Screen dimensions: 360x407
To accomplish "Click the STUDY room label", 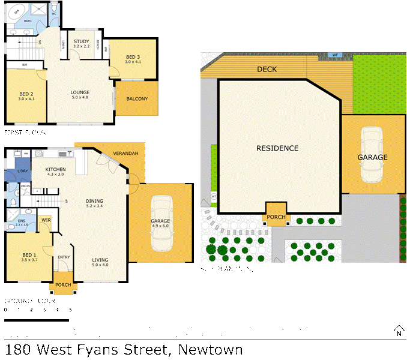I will pyautogui.click(x=81, y=41).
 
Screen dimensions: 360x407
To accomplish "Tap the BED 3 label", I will pyautogui.click(x=132, y=57).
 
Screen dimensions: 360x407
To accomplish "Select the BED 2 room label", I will pyautogui.click(x=26, y=94).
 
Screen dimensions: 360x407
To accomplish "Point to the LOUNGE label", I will pyautogui.click(x=80, y=92).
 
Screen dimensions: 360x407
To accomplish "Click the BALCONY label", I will pyautogui.click(x=137, y=100).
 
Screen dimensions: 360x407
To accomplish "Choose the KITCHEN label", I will pyautogui.click(x=55, y=170).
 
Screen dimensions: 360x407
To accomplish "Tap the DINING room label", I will pyautogui.click(x=94, y=201).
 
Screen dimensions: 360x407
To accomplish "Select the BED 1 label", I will pyautogui.click(x=29, y=255).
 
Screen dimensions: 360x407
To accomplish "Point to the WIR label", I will pyautogui.click(x=46, y=220).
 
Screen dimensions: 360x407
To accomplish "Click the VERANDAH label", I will pyautogui.click(x=125, y=154).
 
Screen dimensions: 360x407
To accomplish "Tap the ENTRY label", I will pyautogui.click(x=64, y=257).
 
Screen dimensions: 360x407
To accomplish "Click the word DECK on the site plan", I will pyautogui.click(x=267, y=70).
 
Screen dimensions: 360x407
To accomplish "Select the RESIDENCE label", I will pyautogui.click(x=277, y=148).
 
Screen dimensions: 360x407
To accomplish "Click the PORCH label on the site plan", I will pyautogui.click(x=276, y=217).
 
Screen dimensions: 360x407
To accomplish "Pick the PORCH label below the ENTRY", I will pyautogui.click(x=63, y=284).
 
